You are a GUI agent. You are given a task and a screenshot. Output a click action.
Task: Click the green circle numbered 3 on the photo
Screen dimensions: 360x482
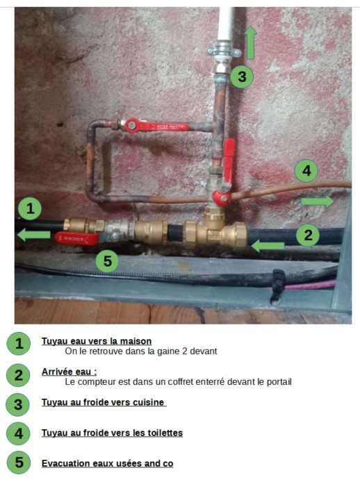click(x=242, y=76)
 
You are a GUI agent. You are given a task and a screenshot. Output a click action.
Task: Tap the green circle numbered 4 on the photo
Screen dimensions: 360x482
click(x=306, y=171)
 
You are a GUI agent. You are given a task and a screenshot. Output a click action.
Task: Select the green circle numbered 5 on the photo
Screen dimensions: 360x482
click(x=108, y=261)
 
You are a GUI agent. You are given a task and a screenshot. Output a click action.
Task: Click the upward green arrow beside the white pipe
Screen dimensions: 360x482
click(x=251, y=42)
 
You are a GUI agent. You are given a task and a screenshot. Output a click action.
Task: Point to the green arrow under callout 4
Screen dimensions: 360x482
click(x=317, y=201)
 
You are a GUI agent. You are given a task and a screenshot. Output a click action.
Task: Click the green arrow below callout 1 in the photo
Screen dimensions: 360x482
click(x=34, y=235)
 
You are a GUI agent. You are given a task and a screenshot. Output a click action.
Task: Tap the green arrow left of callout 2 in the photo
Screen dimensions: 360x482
click(x=268, y=246)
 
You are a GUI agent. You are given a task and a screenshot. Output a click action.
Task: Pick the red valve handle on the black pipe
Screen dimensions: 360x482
click(x=78, y=238)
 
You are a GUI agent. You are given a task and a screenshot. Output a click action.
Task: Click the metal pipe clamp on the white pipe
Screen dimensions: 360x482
click(x=224, y=51)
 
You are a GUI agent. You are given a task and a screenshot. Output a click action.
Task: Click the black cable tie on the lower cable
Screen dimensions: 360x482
click(x=277, y=286)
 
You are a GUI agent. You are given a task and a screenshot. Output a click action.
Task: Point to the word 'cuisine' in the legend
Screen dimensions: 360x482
click(x=148, y=402)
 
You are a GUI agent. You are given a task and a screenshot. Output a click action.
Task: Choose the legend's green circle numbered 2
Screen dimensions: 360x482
click(x=19, y=375)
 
